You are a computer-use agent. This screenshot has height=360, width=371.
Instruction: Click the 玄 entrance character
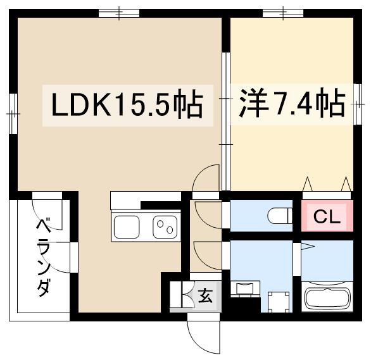click(x=206, y=295)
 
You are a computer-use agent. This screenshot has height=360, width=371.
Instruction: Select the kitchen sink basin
click(x=127, y=227)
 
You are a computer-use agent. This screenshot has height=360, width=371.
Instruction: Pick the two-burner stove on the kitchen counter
click(x=166, y=226)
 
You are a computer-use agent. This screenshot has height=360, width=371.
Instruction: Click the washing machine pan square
click(x=277, y=301)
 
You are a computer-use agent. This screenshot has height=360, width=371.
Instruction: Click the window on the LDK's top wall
click(x=119, y=13)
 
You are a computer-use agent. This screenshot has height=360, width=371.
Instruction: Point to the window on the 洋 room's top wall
click(x=282, y=13)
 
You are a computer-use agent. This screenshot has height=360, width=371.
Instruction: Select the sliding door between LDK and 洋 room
click(x=225, y=120)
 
